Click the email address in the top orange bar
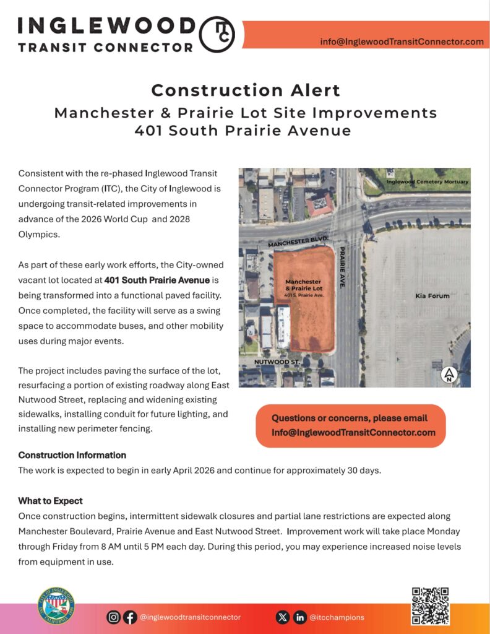[x=402, y=41]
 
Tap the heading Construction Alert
[x=246, y=90]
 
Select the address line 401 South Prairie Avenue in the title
[x=243, y=131]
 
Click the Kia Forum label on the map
[x=432, y=296]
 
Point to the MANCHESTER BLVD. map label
[x=298, y=241]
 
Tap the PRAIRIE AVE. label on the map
[x=342, y=267]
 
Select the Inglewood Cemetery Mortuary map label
[x=428, y=181]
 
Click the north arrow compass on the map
[x=449, y=375]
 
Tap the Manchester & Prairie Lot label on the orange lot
[x=303, y=285]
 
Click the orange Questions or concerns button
[x=351, y=425]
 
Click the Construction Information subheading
[x=72, y=455]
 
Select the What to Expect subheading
[x=50, y=500]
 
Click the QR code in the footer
[x=430, y=606]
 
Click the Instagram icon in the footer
[x=114, y=617]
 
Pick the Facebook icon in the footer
[x=130, y=617]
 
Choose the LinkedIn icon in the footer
[x=299, y=617]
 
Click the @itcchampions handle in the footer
[x=337, y=617]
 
